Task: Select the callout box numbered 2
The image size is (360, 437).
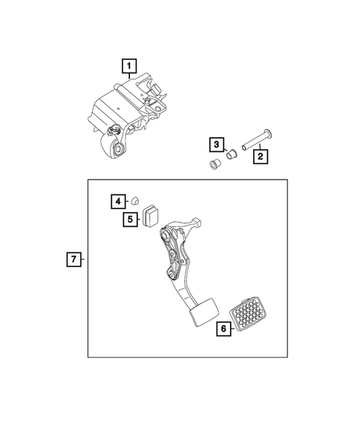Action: click(x=260, y=157)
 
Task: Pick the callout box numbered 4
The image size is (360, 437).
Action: click(x=118, y=200)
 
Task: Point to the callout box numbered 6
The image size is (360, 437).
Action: click(x=222, y=329)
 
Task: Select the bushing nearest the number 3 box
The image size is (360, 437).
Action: click(x=231, y=154)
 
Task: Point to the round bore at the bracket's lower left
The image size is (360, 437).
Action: click(x=118, y=151)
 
